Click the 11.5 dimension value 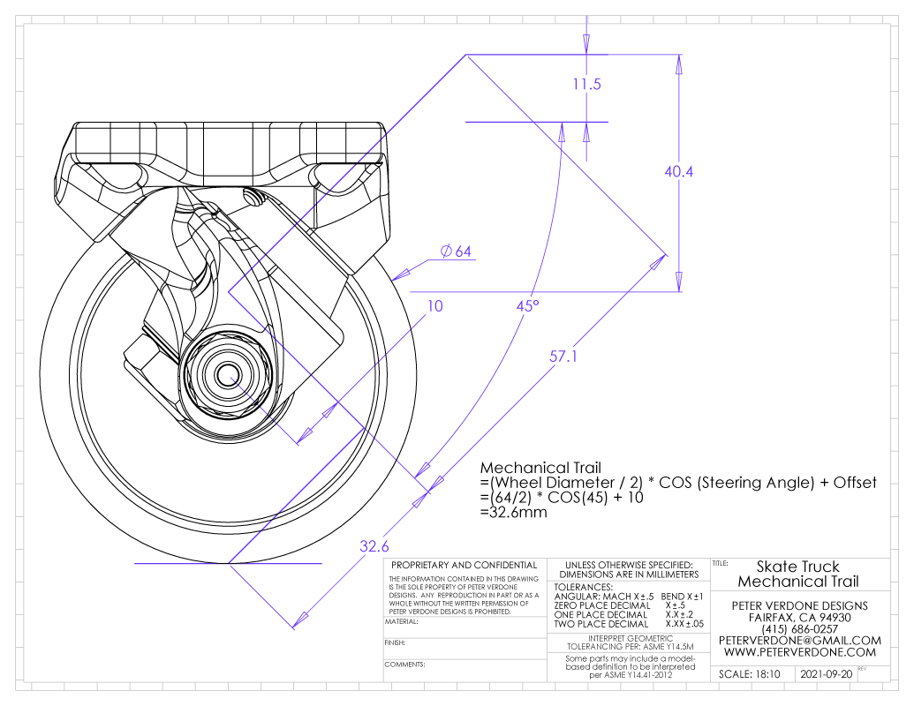pos(586,85)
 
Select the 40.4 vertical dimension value pos(678,172)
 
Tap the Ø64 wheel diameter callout pos(456,252)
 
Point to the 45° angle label pos(527,306)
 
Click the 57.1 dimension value pos(563,356)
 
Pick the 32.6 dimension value pos(374,546)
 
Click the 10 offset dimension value pos(434,306)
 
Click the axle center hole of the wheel pos(227,374)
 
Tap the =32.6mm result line pos(514,513)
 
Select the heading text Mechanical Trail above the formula pos(540,468)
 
